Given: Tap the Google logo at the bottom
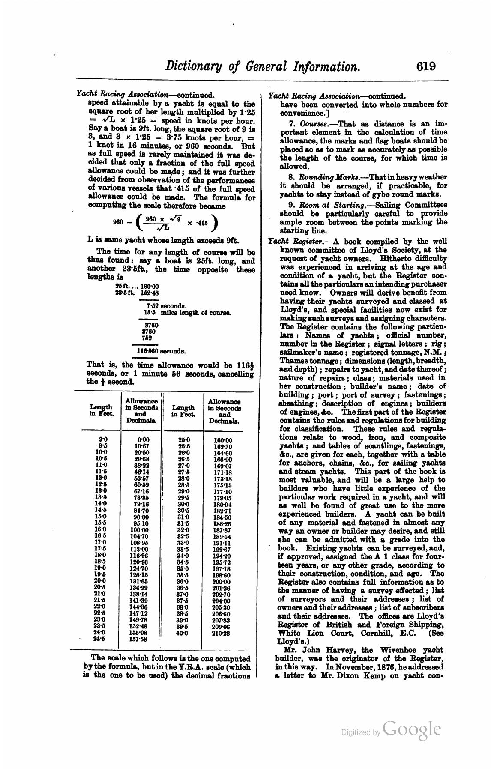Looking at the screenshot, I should click(x=412, y=728).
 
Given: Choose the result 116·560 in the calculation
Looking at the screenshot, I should click(x=147, y=351).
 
